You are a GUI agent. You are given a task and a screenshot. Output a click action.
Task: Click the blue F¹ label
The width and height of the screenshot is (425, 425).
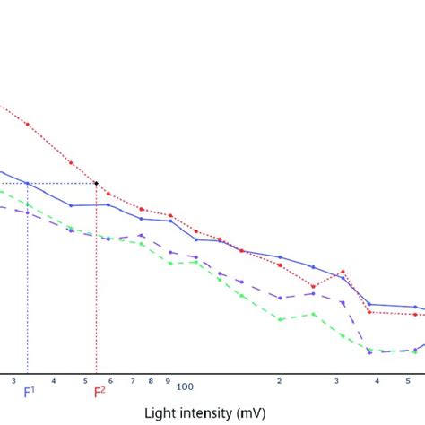[x=28, y=392]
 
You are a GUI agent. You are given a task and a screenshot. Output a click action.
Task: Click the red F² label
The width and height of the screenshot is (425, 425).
[x=98, y=392]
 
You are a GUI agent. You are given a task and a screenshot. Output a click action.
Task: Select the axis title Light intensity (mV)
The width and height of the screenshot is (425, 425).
[x=212, y=413]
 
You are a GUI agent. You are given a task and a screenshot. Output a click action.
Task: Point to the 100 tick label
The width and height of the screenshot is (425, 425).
[x=185, y=386]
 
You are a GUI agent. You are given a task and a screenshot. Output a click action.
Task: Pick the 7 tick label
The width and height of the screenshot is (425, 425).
[x=132, y=381]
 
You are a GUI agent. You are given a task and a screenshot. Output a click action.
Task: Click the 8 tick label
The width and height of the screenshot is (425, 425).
[x=151, y=381]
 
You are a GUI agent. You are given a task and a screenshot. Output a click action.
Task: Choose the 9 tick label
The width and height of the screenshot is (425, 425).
[x=168, y=381]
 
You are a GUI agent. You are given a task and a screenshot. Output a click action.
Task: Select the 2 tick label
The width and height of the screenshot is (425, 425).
[x=280, y=381]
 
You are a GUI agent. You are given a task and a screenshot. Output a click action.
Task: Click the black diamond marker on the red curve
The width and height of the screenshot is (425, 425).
[x=97, y=183]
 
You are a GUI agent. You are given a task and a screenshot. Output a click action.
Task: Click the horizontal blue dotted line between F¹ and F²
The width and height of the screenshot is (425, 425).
[x=63, y=183]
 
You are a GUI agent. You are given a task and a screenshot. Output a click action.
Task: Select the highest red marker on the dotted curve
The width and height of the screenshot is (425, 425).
[x=28, y=124]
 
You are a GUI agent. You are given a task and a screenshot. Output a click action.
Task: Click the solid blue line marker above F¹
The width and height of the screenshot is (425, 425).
[x=28, y=183]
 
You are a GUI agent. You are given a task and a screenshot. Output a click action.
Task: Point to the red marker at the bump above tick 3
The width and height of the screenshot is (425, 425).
[x=343, y=271]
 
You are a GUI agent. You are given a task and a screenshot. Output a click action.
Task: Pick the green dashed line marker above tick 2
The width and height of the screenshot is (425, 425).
[x=280, y=319]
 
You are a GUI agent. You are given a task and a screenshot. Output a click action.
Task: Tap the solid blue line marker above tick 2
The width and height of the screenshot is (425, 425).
[x=280, y=257]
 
